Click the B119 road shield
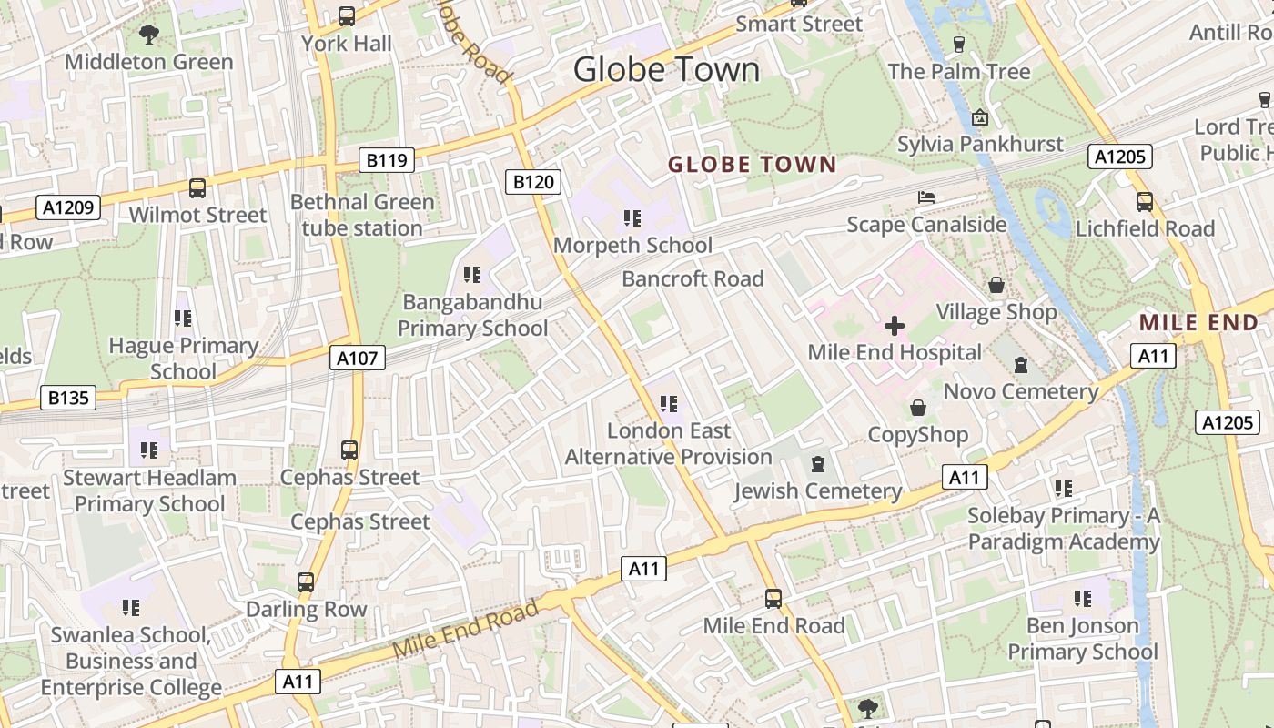point(386,161)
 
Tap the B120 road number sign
point(533,181)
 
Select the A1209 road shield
point(68,207)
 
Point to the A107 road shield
point(357,358)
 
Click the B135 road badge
point(68,398)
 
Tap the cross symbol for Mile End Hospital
point(895,325)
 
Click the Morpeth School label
point(632,245)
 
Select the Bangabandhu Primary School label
point(473,315)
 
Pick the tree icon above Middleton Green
point(149,35)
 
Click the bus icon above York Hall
point(347,15)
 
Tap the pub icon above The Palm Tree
point(958,44)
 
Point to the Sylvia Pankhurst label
point(980,144)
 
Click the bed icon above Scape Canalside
point(926,197)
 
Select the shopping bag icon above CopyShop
point(918,407)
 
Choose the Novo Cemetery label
point(1021,391)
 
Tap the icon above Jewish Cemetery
point(817,464)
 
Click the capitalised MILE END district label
point(1198,322)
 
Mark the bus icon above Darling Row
point(306,581)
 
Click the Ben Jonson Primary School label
point(1082,638)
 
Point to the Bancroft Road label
point(693,278)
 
